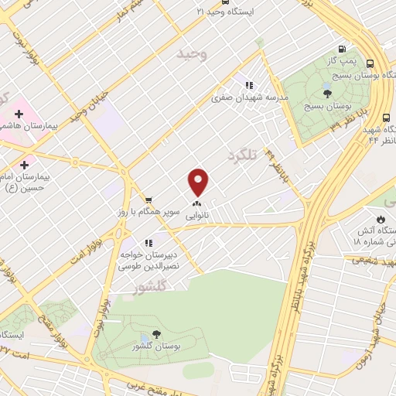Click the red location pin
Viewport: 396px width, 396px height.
(199, 181)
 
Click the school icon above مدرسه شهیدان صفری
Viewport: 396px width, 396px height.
(248, 85)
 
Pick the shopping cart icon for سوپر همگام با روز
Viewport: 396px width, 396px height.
(148, 198)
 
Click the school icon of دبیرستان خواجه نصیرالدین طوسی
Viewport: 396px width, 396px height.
(148, 243)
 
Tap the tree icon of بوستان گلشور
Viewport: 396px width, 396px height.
(157, 334)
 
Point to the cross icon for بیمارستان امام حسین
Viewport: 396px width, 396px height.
(24, 164)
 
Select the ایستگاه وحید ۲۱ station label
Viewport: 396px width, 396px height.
(224, 12)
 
